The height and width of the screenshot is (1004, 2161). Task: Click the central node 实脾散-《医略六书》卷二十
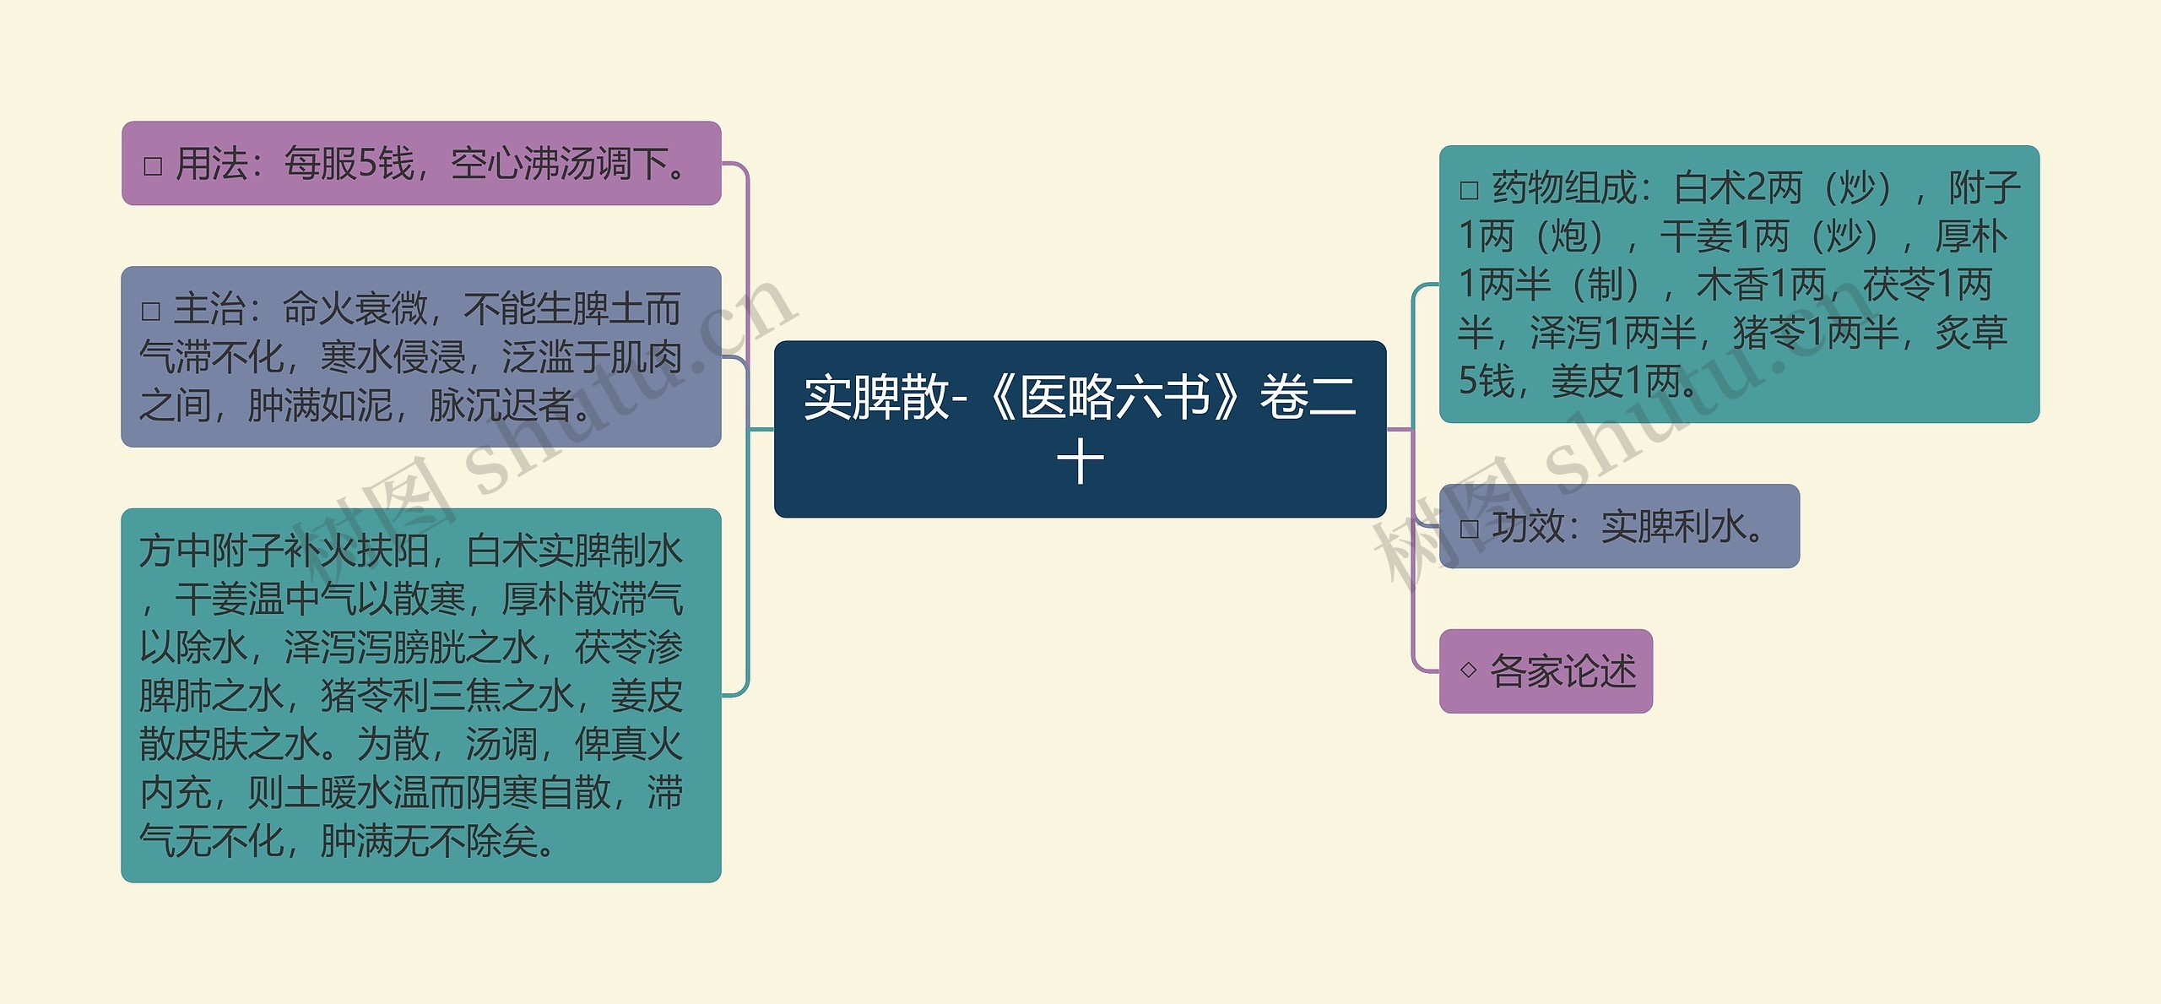click(x=1080, y=428)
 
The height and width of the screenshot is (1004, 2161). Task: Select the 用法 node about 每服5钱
click(x=420, y=163)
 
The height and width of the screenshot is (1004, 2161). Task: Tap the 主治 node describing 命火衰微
click(x=420, y=356)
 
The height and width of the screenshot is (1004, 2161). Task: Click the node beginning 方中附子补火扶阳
click(x=420, y=695)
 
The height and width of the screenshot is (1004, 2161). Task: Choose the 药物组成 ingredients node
click(x=1738, y=284)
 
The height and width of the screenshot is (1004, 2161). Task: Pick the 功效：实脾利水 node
click(x=1618, y=526)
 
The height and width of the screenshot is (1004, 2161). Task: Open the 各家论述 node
click(x=1545, y=671)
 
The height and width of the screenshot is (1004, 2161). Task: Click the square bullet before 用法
click(x=153, y=166)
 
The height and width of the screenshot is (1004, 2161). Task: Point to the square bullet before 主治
click(x=151, y=312)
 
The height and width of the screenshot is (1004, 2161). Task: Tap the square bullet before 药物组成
click(x=1469, y=190)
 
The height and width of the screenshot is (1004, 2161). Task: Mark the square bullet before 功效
click(x=1469, y=529)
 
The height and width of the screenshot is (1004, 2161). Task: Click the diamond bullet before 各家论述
click(x=1468, y=670)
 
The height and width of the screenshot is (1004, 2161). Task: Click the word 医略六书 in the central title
click(x=1115, y=398)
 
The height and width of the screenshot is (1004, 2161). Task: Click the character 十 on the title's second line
click(x=1080, y=463)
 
